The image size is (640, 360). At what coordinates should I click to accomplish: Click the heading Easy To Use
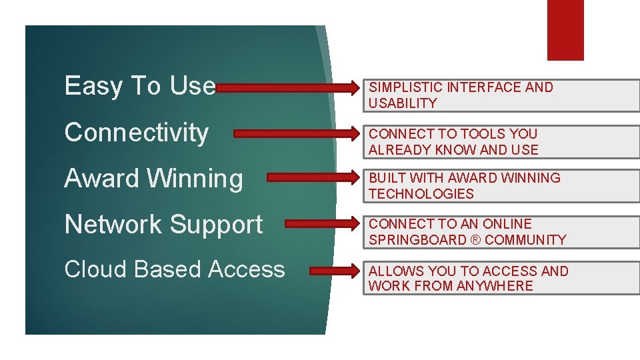(140, 86)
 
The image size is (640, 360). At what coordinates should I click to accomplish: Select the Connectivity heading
(136, 133)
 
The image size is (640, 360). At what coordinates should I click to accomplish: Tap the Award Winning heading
(153, 179)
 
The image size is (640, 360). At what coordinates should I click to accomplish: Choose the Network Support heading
(163, 225)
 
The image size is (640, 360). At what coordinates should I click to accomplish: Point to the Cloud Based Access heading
(174, 269)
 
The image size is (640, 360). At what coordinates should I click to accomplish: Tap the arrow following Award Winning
(313, 178)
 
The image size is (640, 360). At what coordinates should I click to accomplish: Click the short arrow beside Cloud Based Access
(334, 271)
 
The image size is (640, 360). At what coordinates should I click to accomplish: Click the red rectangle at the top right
(565, 30)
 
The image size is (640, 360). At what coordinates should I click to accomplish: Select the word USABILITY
(403, 103)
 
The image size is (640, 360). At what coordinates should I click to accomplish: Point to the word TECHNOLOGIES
(421, 194)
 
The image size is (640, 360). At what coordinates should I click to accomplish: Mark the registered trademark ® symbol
(473, 240)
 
